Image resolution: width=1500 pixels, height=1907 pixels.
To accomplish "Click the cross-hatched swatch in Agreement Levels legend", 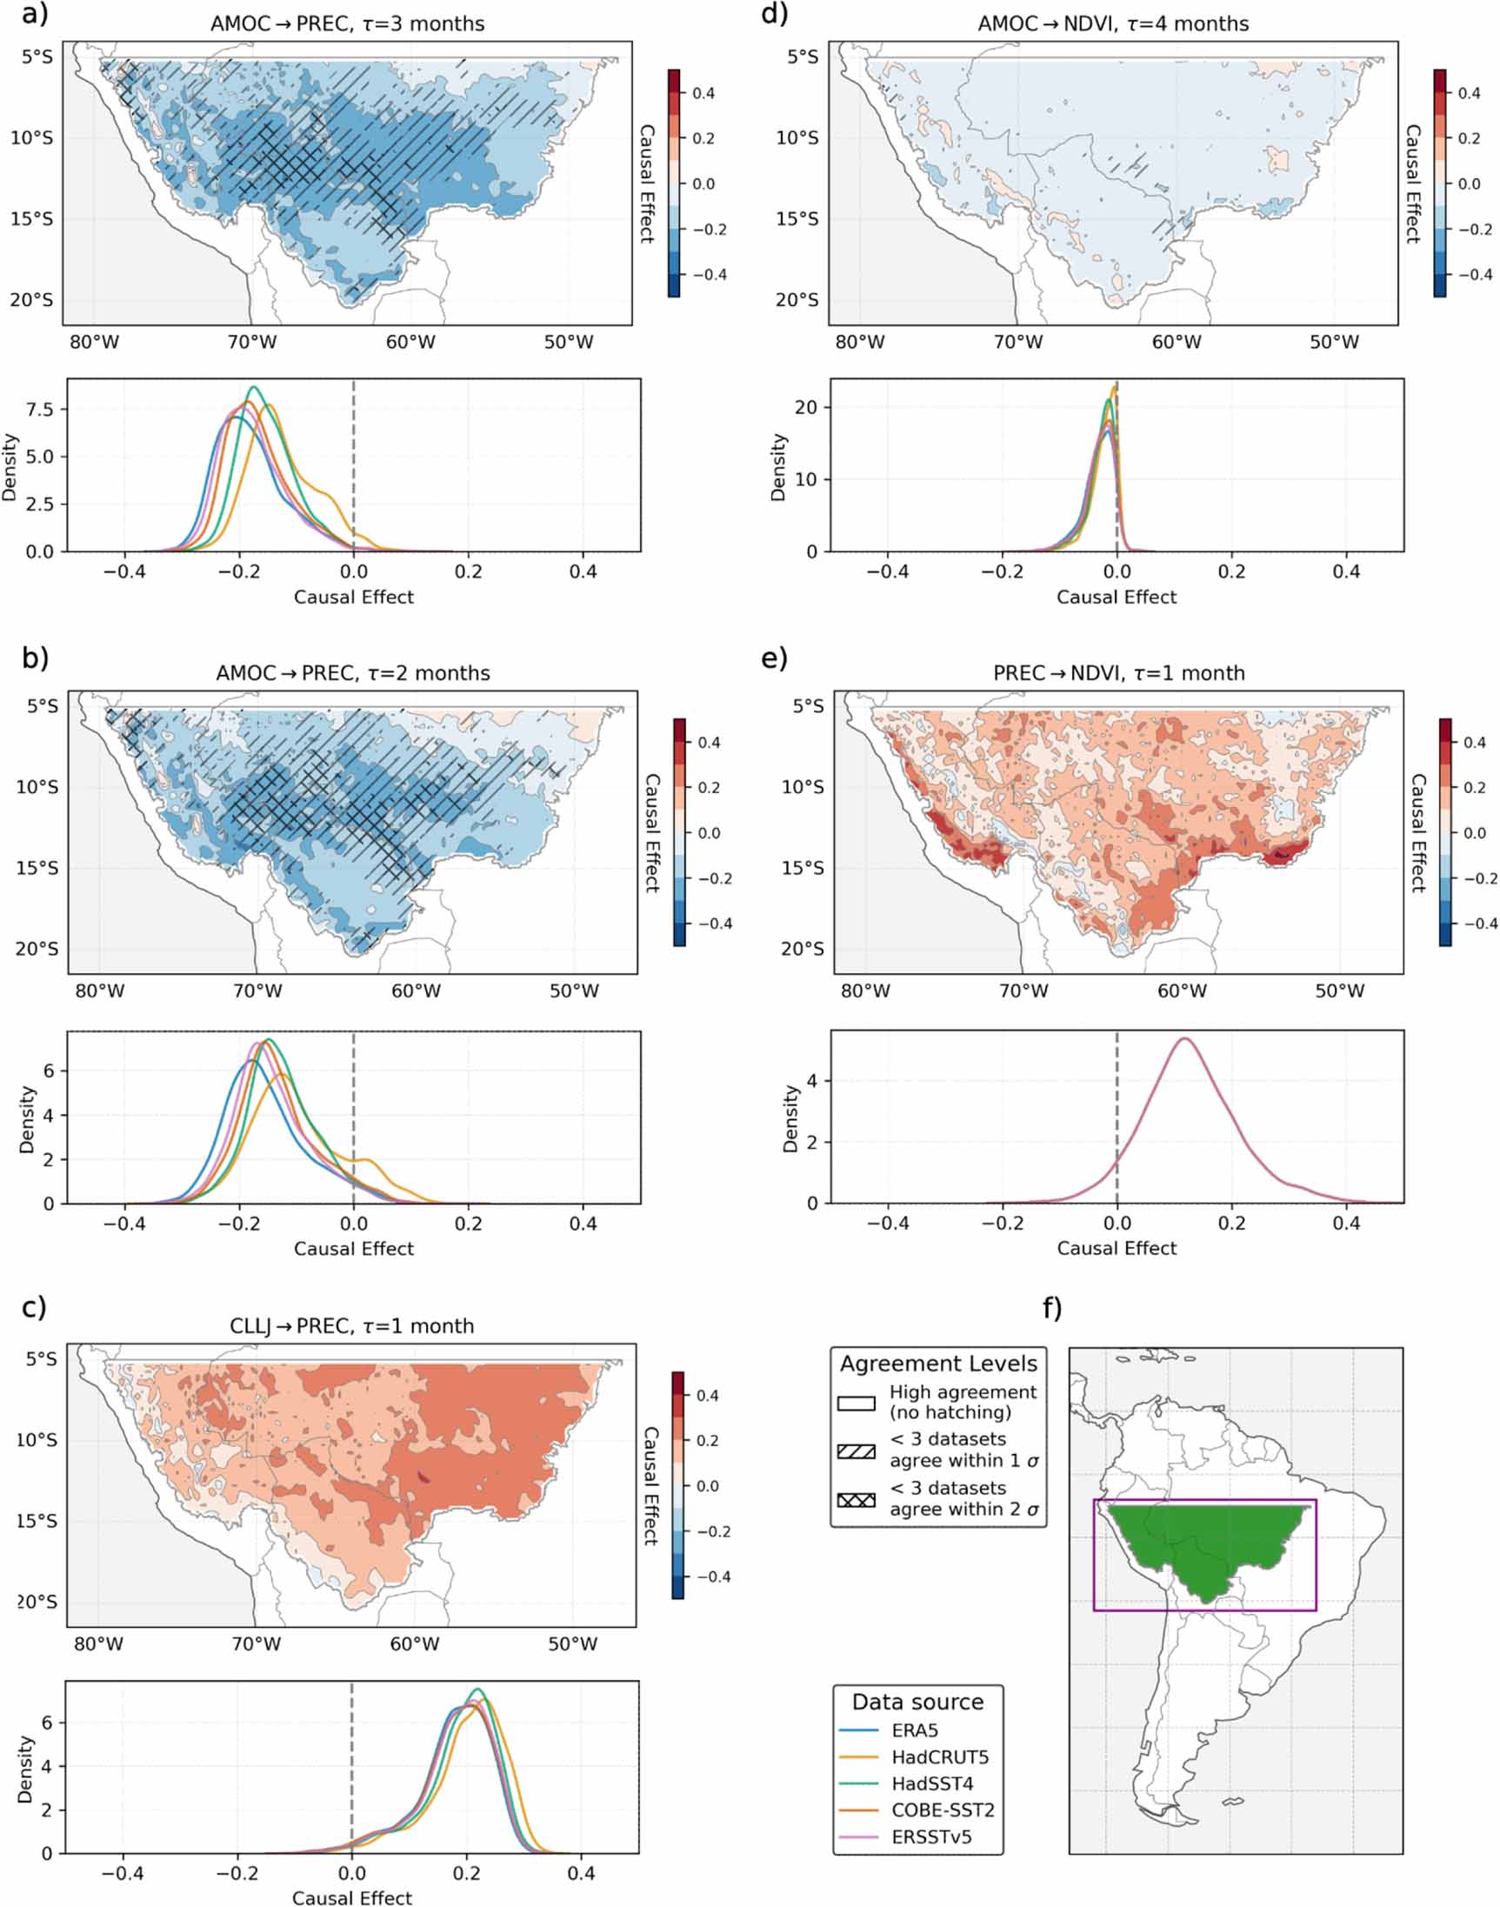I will pos(857,1499).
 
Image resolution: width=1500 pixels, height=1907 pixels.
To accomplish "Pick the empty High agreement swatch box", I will pos(857,1402).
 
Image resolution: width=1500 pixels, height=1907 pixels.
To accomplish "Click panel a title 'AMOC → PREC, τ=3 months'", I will pos(347,23).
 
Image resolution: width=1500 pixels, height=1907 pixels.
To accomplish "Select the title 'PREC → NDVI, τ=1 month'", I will pos(1119,673).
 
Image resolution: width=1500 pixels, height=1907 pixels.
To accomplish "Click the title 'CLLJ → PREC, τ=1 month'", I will pos(351,1326).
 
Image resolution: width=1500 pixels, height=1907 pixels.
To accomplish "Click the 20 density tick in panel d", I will pos(806,407).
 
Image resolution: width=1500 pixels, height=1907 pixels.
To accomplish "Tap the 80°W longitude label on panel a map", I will pos(94,342).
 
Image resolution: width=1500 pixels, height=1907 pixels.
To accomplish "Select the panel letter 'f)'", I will pos(1052,1308).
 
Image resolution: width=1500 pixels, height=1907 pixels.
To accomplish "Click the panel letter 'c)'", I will pos(34,1308).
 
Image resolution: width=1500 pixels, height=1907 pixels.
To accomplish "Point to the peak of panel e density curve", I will pos(1184,1038).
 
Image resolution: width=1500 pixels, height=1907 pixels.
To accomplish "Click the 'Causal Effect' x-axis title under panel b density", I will pos(353,1249).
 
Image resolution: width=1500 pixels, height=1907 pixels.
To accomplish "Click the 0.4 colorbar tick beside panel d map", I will pos(1470,93).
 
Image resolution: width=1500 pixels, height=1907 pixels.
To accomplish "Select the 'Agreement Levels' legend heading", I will pos(938,1364).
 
